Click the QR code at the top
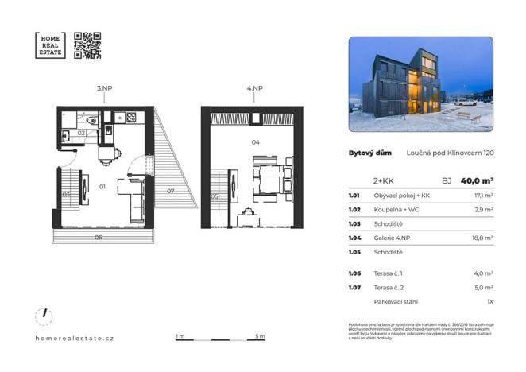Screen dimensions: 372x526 [87, 45]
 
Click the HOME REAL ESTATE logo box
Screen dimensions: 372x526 [50, 45]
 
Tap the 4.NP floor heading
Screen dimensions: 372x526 [255, 90]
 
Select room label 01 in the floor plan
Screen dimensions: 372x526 [102, 187]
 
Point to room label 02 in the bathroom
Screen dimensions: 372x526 [81, 133]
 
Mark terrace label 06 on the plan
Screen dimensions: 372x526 [99, 237]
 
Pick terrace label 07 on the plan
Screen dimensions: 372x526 [171, 192]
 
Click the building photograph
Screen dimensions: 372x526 [420, 84]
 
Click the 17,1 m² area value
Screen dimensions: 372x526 [483, 196]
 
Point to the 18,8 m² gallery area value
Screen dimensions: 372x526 [483, 238]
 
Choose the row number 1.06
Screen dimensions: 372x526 [355, 273]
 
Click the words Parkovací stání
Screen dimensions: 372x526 [394, 302]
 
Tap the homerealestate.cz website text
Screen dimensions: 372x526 [75, 338]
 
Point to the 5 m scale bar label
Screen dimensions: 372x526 [261, 337]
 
